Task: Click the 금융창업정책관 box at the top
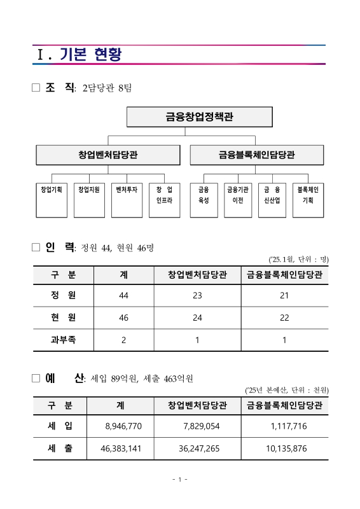click(199, 116)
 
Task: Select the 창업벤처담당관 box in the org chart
click(108, 155)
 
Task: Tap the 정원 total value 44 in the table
click(123, 295)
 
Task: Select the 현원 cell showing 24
click(198, 317)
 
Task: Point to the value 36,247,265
click(199, 449)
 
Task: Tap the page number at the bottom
click(180, 479)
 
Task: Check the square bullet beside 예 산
click(36, 379)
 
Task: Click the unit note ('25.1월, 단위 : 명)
click(298, 259)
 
